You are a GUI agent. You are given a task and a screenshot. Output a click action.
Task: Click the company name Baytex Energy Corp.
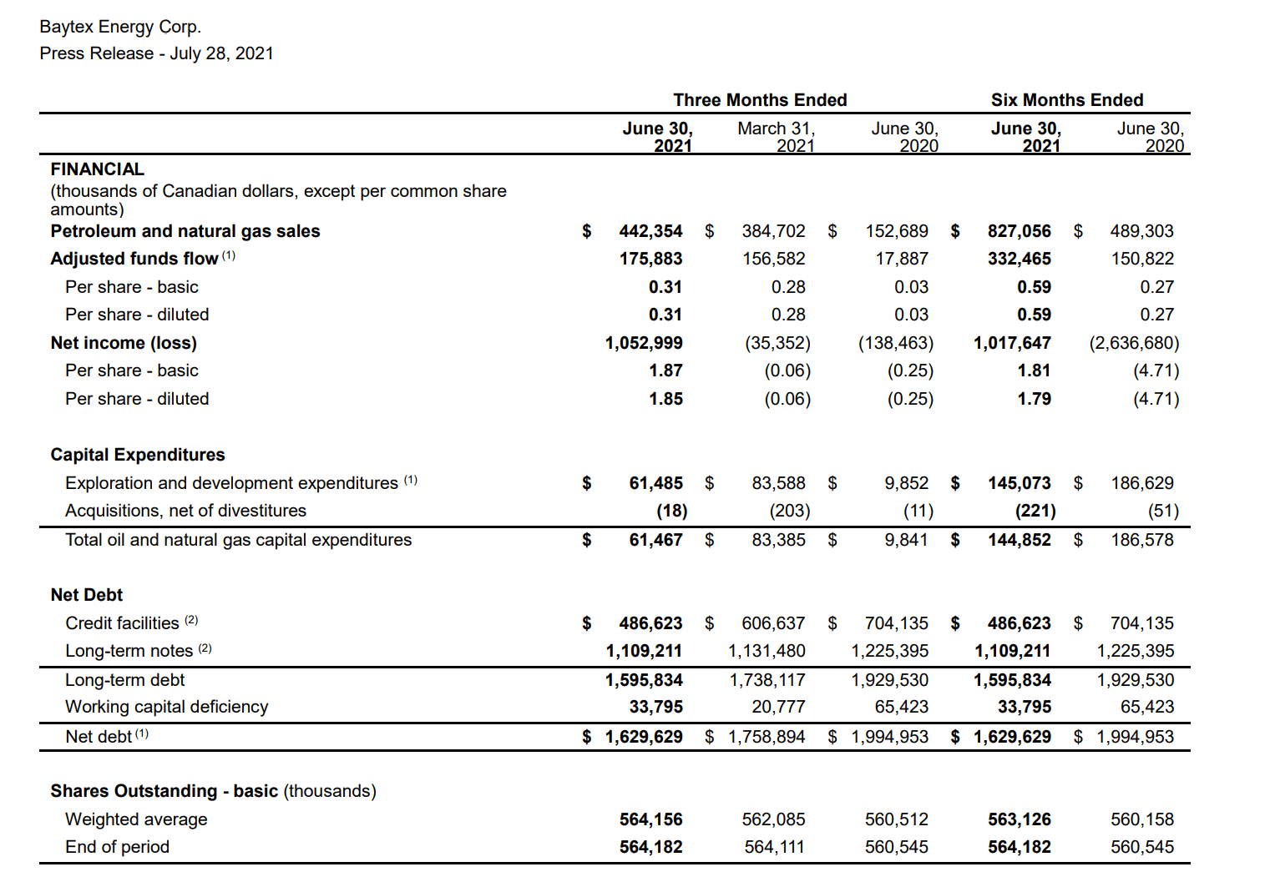coord(120,27)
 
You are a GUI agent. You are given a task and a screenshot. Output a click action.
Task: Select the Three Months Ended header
coord(760,100)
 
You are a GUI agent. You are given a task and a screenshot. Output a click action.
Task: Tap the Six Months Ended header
coord(1066,100)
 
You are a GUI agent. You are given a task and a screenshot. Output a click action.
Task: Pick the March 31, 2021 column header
coord(776,137)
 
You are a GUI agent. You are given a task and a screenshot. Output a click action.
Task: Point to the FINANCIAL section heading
coord(97,169)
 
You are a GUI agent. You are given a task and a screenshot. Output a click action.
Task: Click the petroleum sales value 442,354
coord(650,231)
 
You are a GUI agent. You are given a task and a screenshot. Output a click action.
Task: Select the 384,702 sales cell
coord(773,231)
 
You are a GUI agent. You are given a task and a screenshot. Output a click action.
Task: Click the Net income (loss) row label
coord(124,343)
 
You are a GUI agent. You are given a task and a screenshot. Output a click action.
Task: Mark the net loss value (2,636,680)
coord(1134,343)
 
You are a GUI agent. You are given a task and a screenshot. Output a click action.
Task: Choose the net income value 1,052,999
coord(644,343)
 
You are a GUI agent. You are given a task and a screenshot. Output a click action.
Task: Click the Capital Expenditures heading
coord(138,455)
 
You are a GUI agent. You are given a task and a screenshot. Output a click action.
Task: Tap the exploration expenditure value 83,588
coord(778,483)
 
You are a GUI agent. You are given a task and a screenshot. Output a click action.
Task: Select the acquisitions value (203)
coord(789,511)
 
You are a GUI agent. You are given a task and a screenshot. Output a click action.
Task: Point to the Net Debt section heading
coord(86,595)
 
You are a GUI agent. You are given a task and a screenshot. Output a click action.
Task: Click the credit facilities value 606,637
coord(773,623)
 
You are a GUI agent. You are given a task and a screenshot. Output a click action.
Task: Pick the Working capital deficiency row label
coord(167,707)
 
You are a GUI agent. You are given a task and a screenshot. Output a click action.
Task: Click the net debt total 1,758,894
coord(767,737)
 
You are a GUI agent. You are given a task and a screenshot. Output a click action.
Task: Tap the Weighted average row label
coord(136,819)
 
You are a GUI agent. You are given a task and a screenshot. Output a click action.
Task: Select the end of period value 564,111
coord(774,847)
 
